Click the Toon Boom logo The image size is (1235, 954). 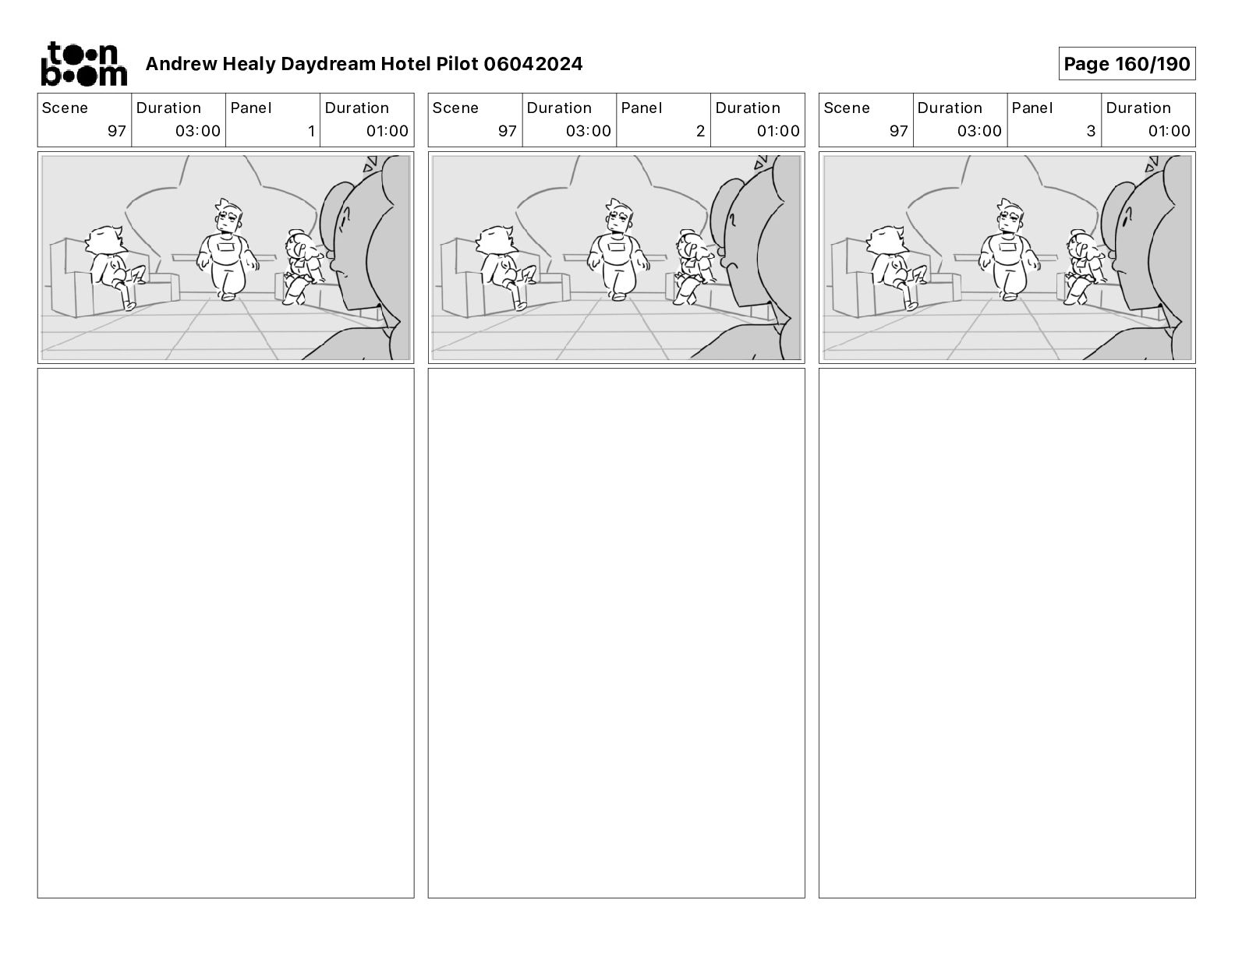84,64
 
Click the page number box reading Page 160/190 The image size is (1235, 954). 1127,64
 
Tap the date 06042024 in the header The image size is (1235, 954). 533,64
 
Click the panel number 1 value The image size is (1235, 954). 311,131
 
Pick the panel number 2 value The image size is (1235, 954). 701,131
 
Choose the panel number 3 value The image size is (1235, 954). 1091,131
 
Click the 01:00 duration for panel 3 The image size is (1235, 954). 1169,131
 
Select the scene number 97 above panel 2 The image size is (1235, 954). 508,131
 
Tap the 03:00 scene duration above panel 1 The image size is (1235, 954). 198,131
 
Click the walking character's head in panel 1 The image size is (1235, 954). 228,216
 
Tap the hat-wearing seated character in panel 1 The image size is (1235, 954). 303,264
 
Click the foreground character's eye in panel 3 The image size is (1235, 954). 1126,217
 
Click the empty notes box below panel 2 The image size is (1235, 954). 616,633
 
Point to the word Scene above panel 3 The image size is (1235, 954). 846,108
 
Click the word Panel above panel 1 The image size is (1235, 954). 250,108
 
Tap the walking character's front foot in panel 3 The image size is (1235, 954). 1010,296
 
